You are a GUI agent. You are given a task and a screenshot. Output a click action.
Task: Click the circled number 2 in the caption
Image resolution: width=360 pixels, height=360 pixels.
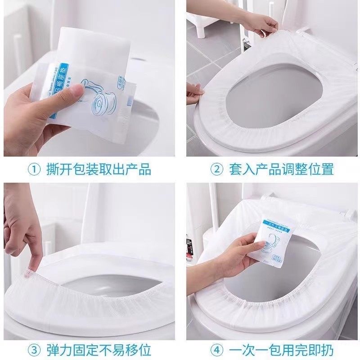click(216, 170)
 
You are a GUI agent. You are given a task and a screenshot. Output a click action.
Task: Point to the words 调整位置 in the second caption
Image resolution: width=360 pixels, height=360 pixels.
click(310, 170)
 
